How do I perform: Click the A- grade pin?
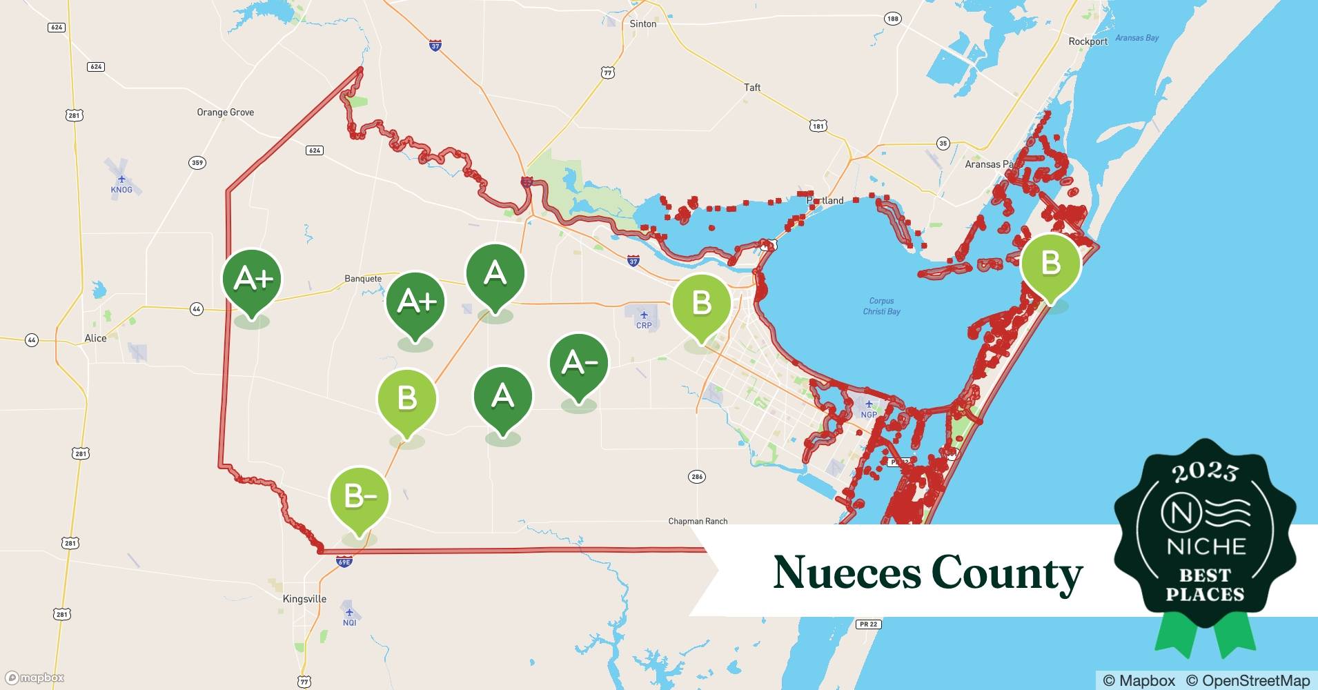point(578,364)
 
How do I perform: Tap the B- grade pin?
point(359,497)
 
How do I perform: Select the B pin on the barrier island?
point(1050,264)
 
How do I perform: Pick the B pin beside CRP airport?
point(701,304)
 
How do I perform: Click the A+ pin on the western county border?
point(252,279)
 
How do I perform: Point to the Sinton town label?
point(642,23)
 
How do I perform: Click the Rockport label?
point(1088,41)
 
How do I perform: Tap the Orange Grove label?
point(225,112)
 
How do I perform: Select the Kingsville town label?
point(304,599)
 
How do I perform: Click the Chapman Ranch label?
point(698,521)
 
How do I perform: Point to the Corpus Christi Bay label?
point(881,306)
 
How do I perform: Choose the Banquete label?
point(363,279)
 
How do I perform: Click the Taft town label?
point(752,87)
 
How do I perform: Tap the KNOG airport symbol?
point(121,179)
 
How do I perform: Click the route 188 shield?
point(893,19)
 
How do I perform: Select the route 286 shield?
point(696,477)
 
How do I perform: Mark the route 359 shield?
point(197,163)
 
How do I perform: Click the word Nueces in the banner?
point(846,573)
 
